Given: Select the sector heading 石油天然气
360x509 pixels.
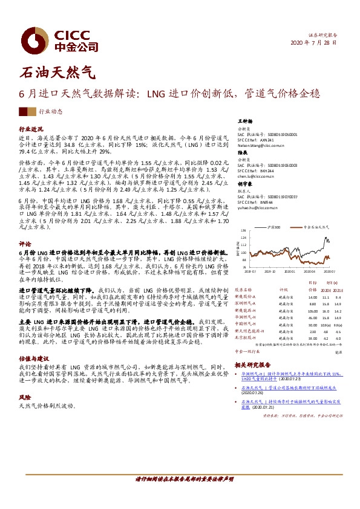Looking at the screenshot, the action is pyautogui.click(x=57, y=73).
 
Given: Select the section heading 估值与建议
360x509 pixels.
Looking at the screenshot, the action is pyautogui.click(x=34, y=357).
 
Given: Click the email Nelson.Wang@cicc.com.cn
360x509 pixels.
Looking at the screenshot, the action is pyautogui.click(x=261, y=146).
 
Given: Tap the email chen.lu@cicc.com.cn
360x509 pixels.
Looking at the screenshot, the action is pyautogui.click(x=257, y=176).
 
